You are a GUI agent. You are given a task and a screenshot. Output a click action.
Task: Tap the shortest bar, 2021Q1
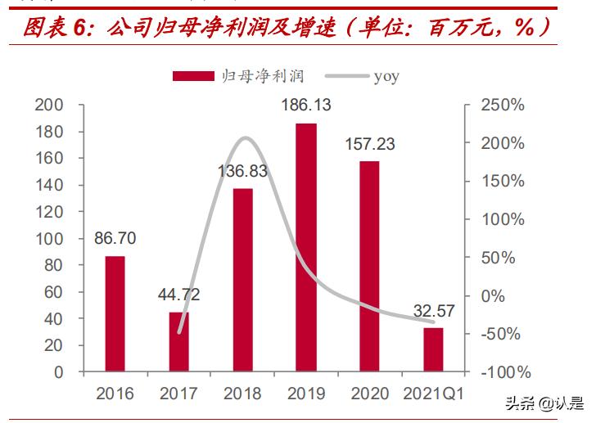coord(433,349)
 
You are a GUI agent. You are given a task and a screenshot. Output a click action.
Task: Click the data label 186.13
coord(305,105)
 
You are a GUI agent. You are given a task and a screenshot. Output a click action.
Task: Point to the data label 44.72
coord(179,295)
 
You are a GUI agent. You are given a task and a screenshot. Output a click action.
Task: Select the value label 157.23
coord(369,144)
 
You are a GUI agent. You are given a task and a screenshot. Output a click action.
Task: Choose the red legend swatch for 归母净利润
coord(193,76)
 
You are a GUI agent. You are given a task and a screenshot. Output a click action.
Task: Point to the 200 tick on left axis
coord(48,105)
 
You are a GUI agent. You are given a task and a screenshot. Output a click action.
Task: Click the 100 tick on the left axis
coord(48,238)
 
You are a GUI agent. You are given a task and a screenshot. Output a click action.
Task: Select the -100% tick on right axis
coord(502,372)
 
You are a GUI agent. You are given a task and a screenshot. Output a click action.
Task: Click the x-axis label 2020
coord(369,394)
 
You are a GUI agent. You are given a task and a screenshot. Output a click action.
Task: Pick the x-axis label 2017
coord(178,394)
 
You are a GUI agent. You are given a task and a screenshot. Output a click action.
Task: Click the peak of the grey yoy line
coord(246,137)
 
